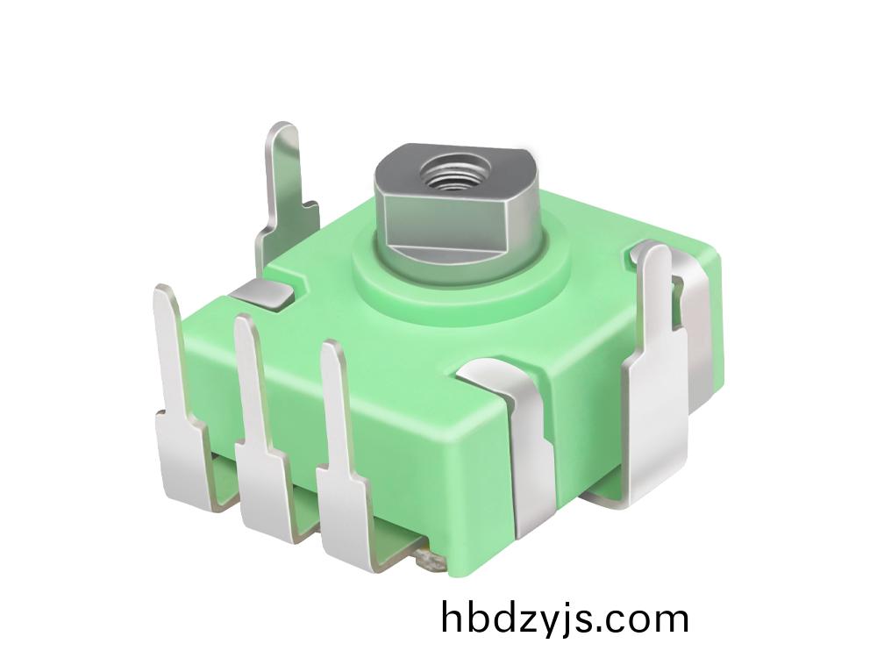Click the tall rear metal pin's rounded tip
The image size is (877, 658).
(283, 134)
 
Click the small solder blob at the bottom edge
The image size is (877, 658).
(429, 558)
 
